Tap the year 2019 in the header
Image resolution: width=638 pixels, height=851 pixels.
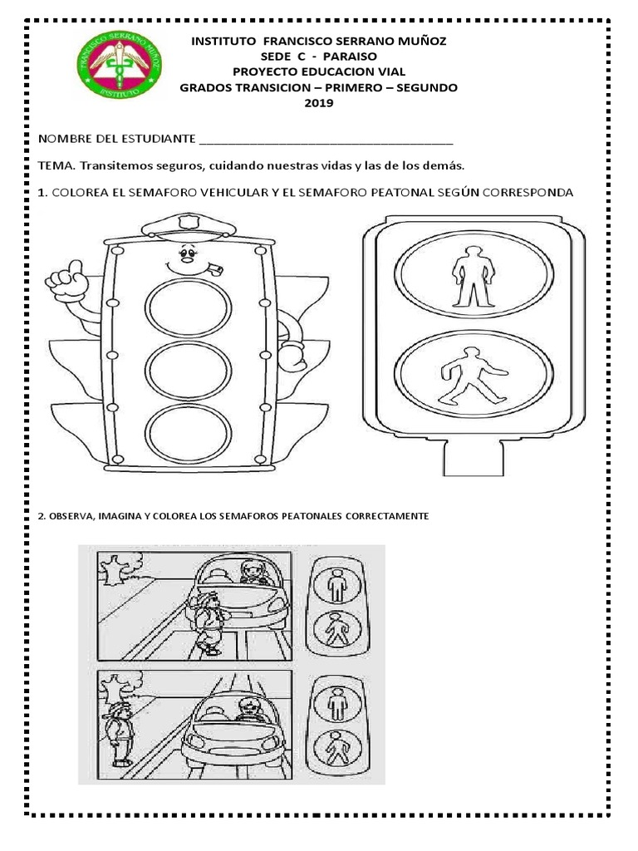318,103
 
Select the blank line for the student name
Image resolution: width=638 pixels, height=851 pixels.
326,138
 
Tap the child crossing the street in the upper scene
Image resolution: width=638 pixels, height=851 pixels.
209,623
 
